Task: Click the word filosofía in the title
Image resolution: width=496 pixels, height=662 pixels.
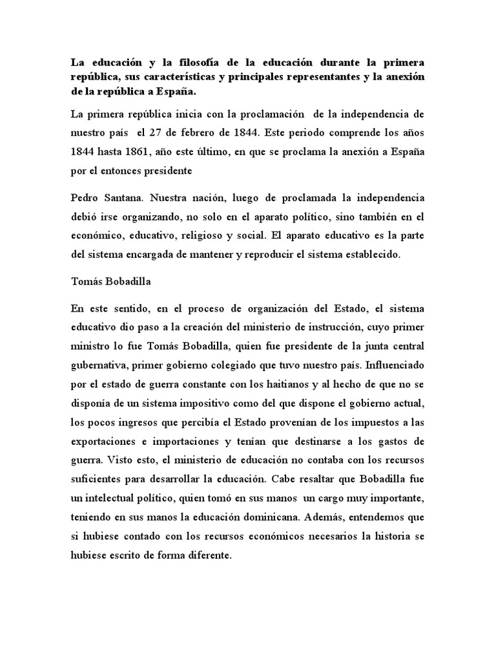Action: click(x=180, y=63)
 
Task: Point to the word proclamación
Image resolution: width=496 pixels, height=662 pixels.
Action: click(x=265, y=114)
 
